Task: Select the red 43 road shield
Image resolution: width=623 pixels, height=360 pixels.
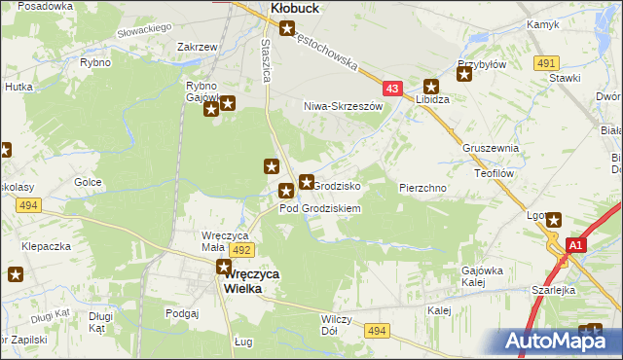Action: coord(392,88)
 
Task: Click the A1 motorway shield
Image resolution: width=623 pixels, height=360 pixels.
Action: coord(575,245)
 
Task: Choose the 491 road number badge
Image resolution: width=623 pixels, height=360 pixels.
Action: coord(545,62)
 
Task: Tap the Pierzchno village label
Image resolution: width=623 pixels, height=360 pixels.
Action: coord(422,187)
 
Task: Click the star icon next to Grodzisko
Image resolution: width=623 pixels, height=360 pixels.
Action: coord(306,181)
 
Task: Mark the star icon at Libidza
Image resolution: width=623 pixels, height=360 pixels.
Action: coord(430,87)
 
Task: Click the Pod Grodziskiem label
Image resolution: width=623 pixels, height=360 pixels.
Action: coord(320,208)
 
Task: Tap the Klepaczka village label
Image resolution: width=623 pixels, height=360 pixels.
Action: coord(47,246)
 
